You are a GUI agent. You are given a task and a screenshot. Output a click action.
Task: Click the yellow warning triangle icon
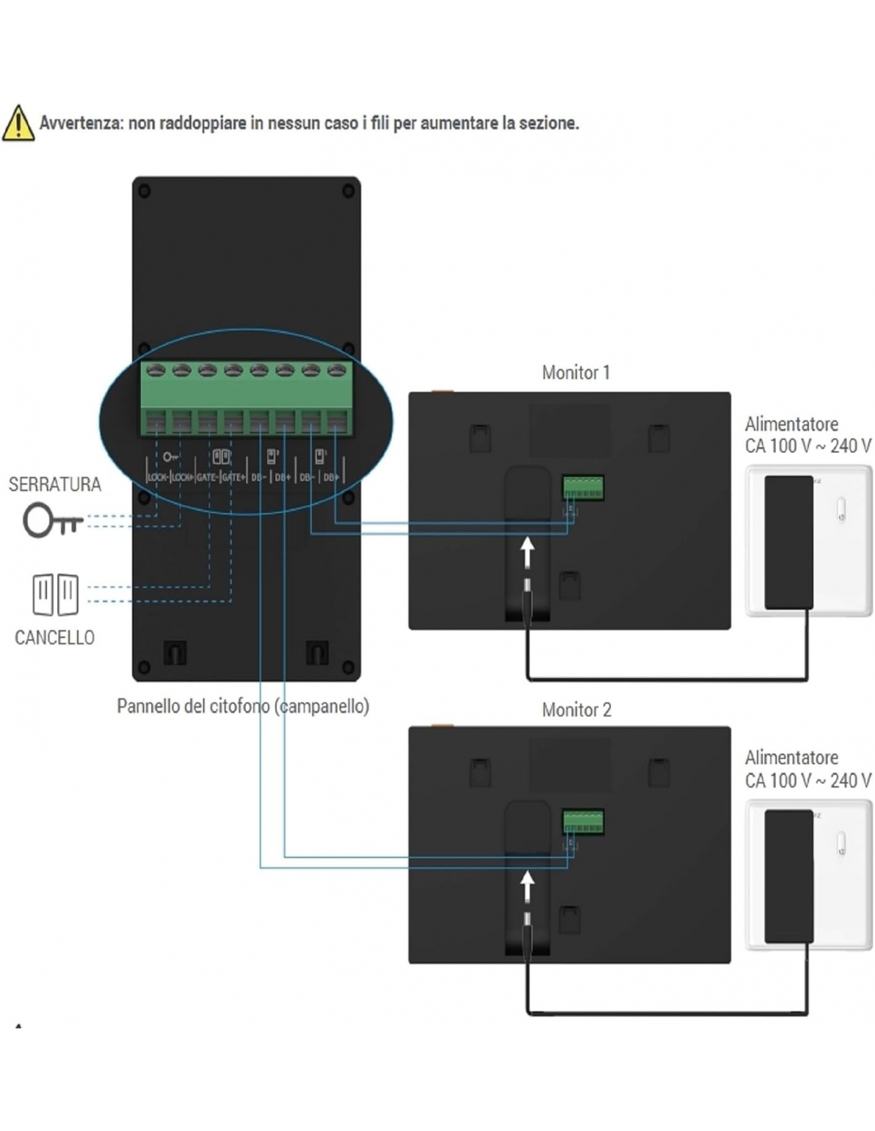(x=18, y=123)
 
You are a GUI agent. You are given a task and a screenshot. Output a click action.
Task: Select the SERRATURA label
(x=55, y=484)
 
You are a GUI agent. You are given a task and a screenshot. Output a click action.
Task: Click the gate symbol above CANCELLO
(x=56, y=594)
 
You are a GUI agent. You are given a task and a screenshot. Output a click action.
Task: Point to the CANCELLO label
(x=55, y=637)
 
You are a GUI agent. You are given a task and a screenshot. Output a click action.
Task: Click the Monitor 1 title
(x=575, y=372)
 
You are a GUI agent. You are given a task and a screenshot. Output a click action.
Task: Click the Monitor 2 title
(x=576, y=709)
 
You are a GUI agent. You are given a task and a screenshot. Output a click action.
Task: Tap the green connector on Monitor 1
(x=583, y=487)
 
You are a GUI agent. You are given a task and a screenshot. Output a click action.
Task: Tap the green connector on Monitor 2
(x=583, y=821)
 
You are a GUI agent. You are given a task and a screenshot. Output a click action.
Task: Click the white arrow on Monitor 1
(x=527, y=551)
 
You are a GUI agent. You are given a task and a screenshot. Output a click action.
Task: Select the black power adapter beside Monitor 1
(x=788, y=542)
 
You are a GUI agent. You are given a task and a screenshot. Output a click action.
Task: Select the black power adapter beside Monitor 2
(x=788, y=876)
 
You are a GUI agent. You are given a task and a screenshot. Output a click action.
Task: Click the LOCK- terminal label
(x=157, y=477)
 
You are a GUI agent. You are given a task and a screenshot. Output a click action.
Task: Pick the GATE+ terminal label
(x=233, y=477)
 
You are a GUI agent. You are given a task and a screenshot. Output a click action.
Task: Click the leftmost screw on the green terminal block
(x=156, y=370)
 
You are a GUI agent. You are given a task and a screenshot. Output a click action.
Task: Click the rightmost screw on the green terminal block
(x=337, y=370)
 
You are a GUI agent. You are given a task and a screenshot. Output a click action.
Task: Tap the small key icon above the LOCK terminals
(x=170, y=457)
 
